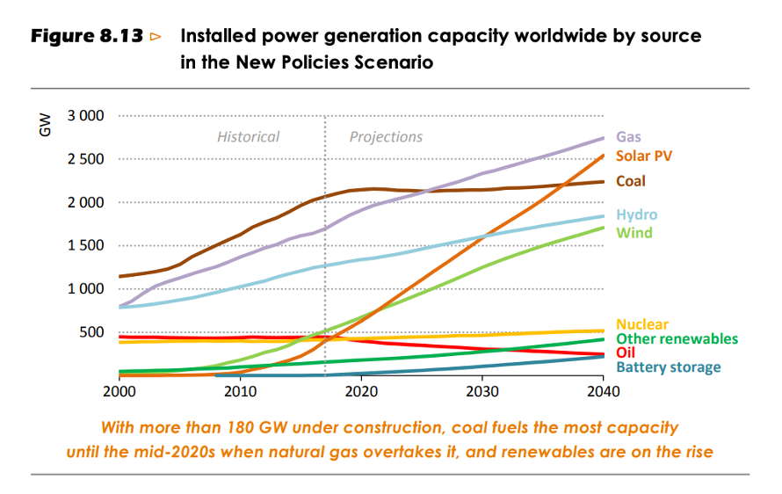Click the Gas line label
coord(628,137)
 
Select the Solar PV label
coord(644,156)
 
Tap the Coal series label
coord(631,181)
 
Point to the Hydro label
coord(636,214)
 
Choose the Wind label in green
coord(634,232)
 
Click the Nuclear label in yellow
coord(642,324)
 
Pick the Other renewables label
coord(677,338)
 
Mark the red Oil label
coord(626,352)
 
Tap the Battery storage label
coord(668,367)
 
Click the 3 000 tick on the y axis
coord(86,116)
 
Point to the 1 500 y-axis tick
coord(86,245)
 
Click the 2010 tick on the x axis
coord(240,390)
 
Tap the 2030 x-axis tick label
coord(482,390)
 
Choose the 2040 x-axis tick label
coord(602,390)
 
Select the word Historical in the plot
coord(248,137)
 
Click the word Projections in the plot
coord(386,137)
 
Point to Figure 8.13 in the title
coord(86,37)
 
